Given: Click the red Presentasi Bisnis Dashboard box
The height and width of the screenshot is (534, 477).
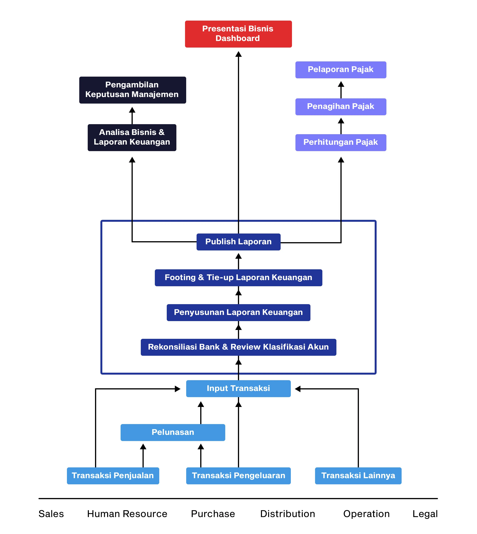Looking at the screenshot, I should click(x=238, y=34).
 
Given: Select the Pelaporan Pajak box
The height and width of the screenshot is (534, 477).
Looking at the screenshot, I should click(x=340, y=70).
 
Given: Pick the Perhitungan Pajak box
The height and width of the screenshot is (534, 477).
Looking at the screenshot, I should click(x=340, y=142).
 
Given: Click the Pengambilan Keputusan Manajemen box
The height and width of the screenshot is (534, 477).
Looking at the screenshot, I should click(x=132, y=90).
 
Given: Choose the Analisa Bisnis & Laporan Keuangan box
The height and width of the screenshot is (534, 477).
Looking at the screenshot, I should click(x=132, y=137).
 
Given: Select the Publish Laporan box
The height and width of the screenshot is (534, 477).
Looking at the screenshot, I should click(x=238, y=242).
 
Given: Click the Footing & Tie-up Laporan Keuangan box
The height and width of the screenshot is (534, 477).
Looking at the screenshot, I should click(x=238, y=277).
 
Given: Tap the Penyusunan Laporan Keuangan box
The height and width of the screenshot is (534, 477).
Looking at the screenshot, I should click(x=238, y=312).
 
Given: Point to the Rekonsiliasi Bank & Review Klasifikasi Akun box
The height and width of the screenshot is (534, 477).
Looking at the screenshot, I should click(x=238, y=347).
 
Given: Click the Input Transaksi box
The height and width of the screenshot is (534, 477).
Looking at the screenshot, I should click(x=238, y=388).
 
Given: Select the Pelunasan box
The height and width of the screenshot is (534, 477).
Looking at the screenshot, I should click(x=173, y=432).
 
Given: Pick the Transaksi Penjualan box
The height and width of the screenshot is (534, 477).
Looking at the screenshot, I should click(x=113, y=475).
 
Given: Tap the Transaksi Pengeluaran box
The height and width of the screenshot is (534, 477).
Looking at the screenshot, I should click(x=238, y=475).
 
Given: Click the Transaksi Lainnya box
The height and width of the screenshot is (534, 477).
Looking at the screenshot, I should click(x=358, y=475).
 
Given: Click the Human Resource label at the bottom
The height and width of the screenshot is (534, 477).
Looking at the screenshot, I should click(x=127, y=514).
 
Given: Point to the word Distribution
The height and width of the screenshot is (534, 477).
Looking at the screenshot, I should click(x=288, y=514).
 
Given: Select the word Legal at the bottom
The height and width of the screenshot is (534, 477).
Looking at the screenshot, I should click(x=425, y=514).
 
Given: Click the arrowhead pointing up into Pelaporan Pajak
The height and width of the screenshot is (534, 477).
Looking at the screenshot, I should click(x=341, y=84).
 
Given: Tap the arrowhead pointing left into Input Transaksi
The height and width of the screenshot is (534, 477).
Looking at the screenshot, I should click(x=298, y=389).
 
